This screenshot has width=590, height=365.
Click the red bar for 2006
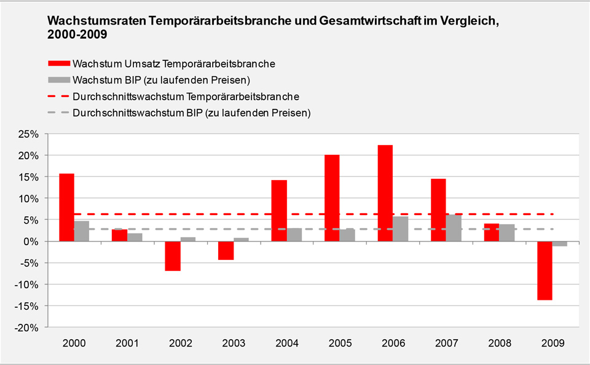385,193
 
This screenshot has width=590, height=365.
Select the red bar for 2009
544,270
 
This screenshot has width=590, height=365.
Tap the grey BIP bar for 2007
454,228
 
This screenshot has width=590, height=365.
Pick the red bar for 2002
173,256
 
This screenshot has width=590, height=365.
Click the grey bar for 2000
82,231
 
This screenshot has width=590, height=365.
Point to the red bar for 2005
332,198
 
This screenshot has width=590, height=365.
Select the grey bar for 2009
559,244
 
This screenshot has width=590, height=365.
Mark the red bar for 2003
226,250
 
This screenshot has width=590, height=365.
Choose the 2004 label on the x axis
286,342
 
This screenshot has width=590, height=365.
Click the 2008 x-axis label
499,342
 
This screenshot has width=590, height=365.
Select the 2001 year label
127,342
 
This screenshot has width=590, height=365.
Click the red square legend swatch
58,63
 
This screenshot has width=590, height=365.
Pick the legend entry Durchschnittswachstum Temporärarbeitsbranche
186,96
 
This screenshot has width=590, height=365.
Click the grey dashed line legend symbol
58,114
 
